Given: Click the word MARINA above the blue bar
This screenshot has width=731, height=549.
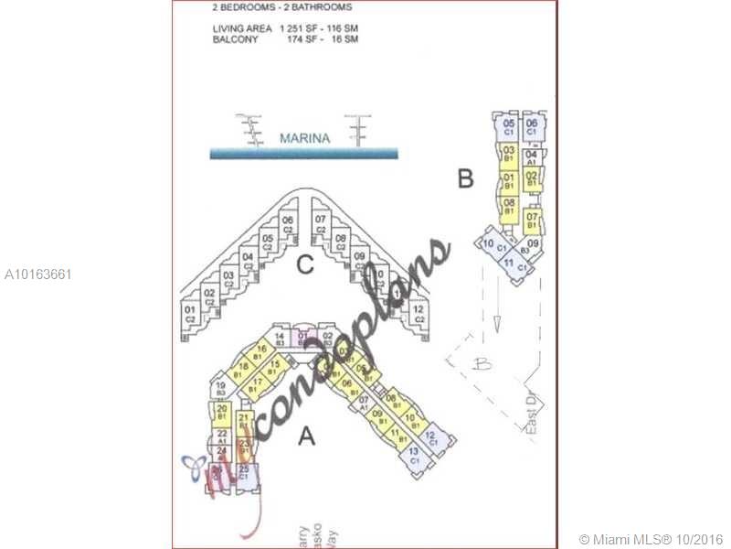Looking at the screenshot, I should pos(304,139).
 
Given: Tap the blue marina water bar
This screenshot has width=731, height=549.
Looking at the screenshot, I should pos(304,154).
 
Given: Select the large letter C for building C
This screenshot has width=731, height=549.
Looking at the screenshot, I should pos(306,266).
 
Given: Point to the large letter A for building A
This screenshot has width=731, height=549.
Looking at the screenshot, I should pos(308,436).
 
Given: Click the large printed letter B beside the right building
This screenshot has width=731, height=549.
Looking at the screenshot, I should pos(465,178).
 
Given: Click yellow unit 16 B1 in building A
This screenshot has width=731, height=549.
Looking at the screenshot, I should pos(261,352).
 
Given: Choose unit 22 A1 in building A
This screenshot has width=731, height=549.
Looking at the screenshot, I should pos(222,436).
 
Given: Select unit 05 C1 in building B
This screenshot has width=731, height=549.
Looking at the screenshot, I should pos(509,127).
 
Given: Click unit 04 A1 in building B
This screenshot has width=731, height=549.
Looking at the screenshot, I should pos(532,157).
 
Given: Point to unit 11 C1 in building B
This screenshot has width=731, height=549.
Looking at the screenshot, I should pos(509,265).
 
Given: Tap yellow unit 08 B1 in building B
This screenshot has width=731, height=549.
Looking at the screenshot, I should pos(509,206).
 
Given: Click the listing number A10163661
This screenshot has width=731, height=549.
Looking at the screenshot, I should pos(38,274).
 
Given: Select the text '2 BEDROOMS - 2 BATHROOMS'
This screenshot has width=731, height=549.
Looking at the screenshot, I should pos(281,7).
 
